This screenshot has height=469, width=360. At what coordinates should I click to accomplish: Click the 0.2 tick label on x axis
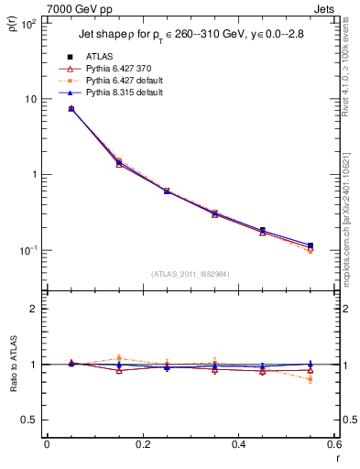(142, 445)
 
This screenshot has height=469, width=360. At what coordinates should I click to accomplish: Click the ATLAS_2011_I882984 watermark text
(190, 274)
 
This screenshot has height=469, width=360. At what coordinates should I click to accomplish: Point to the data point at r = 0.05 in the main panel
(71, 109)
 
